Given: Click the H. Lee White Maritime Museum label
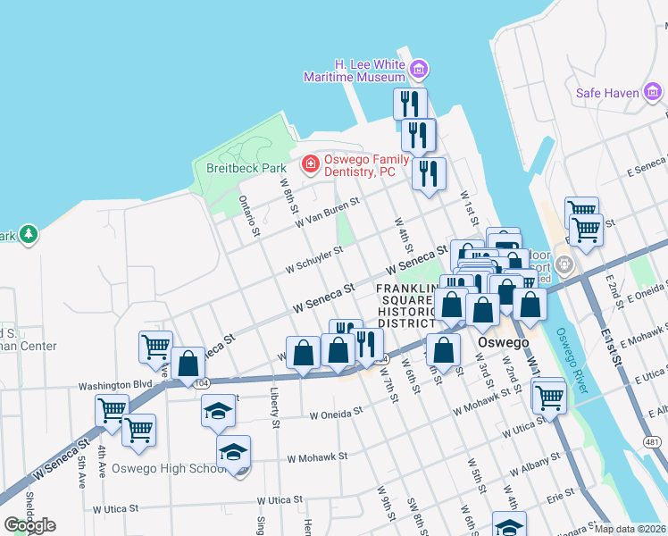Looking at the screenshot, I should click(x=370, y=71).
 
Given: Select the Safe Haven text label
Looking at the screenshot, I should click(x=607, y=92).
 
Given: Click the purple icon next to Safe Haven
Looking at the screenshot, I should click(x=654, y=91).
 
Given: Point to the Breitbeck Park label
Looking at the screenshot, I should click(x=233, y=167).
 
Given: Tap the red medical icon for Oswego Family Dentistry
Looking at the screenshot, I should click(x=310, y=163).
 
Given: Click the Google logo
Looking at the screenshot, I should click(x=29, y=525).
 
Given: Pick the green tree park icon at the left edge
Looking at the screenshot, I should click(x=29, y=234).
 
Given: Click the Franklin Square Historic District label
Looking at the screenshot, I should click(x=407, y=305).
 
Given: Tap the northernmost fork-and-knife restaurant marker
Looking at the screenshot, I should click(x=410, y=102).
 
